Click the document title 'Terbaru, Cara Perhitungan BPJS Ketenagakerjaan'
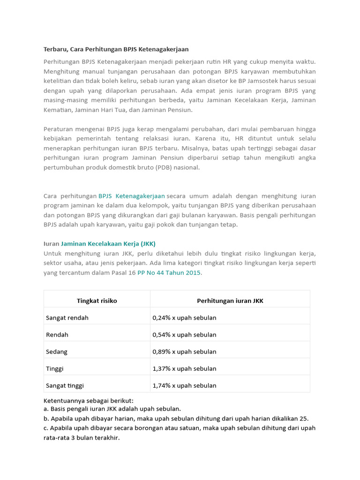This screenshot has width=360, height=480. [x=116, y=49]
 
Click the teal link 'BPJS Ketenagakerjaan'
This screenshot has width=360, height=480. [x=132, y=196]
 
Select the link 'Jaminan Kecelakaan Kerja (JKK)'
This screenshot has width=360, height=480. [x=108, y=244]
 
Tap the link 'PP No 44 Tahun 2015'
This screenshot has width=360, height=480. [x=169, y=273]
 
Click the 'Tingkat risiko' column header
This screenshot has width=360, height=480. [x=97, y=301]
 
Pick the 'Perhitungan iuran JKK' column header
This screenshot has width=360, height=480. [x=230, y=301]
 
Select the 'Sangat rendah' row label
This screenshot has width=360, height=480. [x=67, y=318]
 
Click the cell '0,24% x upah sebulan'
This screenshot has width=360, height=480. [x=184, y=318]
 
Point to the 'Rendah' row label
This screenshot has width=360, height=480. [x=57, y=335]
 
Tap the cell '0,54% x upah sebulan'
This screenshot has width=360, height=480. [x=184, y=335]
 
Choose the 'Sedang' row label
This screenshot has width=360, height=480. [x=57, y=352]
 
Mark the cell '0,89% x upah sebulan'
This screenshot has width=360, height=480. [x=184, y=352]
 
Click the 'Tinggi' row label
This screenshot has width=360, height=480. [x=55, y=368]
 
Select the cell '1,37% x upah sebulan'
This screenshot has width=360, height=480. [x=184, y=368]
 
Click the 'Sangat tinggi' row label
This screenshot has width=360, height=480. [x=65, y=386]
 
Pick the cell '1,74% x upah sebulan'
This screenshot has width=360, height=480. [x=184, y=386]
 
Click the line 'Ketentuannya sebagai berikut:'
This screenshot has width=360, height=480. [x=89, y=401]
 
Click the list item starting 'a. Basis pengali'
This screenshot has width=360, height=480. [x=112, y=409]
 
